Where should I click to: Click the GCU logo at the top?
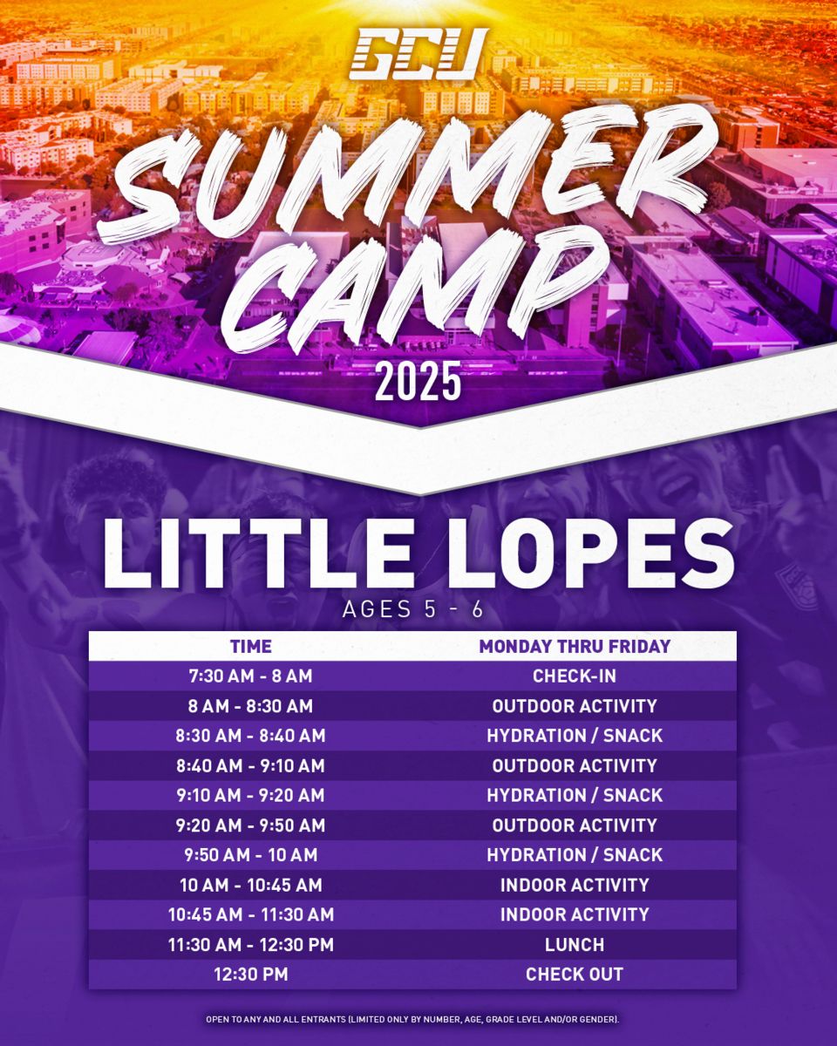tap(418, 54)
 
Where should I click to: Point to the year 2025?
tap(418, 382)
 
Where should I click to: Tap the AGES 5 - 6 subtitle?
tap(413, 609)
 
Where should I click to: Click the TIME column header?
tap(251, 647)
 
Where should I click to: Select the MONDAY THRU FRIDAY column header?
tap(575, 647)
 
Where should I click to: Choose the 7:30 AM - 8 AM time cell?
tap(250, 676)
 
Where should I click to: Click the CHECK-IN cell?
tap(575, 676)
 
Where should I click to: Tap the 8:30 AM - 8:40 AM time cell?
tap(250, 736)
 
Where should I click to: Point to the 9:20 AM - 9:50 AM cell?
tap(250, 825)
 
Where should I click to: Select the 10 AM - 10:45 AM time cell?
tap(251, 885)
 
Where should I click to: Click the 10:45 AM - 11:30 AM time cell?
tap(251, 914)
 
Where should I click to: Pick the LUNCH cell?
tap(575, 945)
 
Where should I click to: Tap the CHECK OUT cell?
tap(575, 975)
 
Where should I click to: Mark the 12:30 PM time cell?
tap(251, 975)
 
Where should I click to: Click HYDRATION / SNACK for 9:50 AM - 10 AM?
tap(575, 855)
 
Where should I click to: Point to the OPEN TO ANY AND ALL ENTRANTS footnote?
tap(412, 1015)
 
